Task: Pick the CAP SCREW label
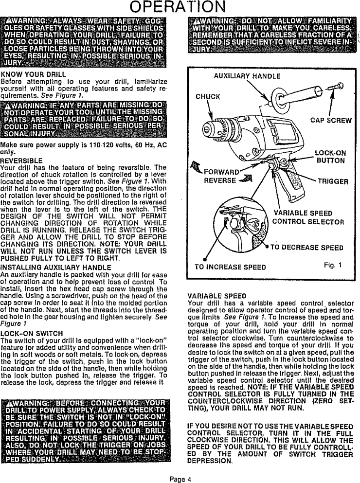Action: [327, 120]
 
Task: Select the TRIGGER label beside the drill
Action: [332, 181]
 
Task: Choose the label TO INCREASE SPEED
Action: [230, 267]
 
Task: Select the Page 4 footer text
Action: [180, 478]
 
